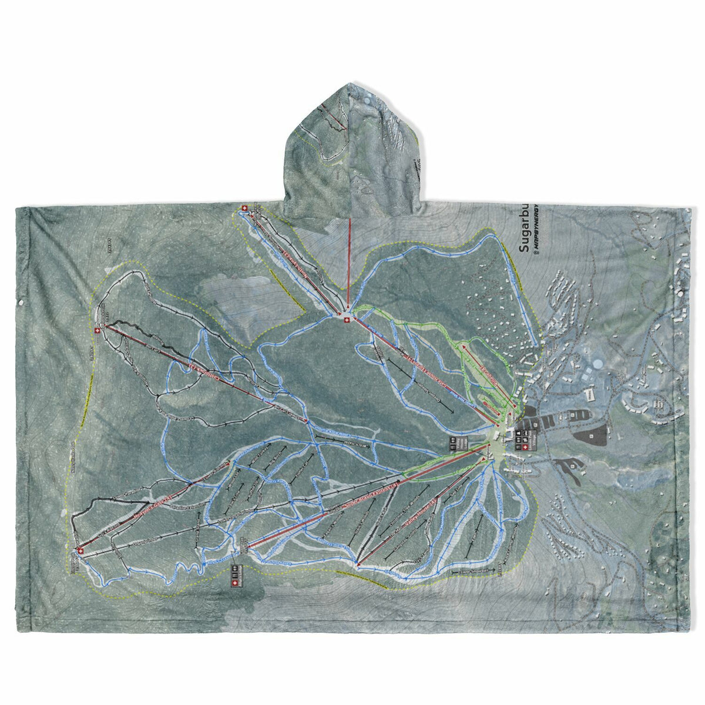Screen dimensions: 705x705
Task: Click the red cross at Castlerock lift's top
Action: pyautogui.click(x=97, y=331)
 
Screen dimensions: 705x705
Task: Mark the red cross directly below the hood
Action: pyautogui.click(x=347, y=319)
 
